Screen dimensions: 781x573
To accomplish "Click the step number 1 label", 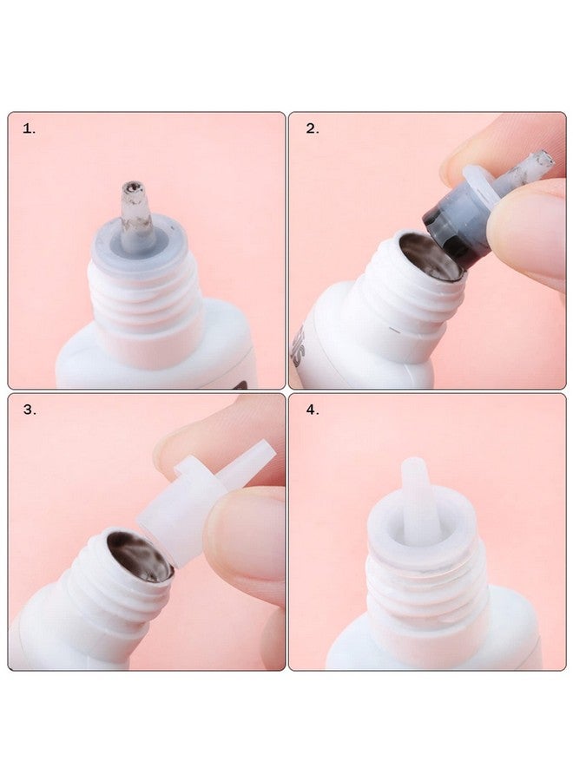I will [29, 128].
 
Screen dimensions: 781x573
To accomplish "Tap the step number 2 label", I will [312, 128].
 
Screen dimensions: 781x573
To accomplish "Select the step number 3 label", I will [30, 410].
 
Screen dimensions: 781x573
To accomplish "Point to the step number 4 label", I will [312, 410].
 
